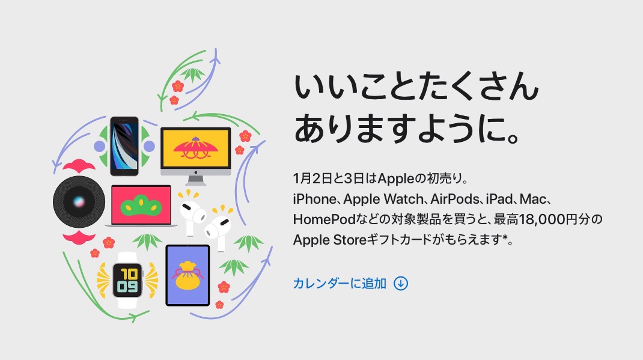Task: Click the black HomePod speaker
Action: point(79,202)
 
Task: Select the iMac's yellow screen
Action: point(196,148)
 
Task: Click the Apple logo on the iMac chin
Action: point(196,172)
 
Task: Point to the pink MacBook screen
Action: point(141,205)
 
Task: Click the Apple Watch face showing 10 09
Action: point(127,280)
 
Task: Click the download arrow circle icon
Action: point(401,283)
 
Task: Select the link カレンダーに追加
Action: point(340,283)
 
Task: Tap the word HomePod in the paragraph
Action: point(324,219)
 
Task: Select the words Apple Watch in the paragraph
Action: point(383,200)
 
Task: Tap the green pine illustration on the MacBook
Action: point(141,206)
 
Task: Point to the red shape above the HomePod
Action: point(79,165)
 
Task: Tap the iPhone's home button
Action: point(124,172)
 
